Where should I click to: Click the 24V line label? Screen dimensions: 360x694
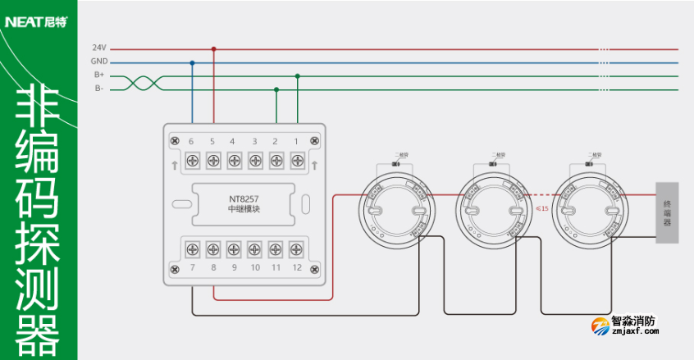(x=99, y=48)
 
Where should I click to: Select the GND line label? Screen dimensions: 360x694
(x=99, y=62)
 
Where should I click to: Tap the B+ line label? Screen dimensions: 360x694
(x=99, y=75)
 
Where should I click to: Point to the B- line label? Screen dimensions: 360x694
(x=99, y=88)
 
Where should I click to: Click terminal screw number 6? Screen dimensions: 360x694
(x=192, y=160)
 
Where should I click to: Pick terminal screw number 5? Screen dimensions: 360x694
(x=213, y=160)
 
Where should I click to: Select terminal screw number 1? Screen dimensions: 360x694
(x=297, y=160)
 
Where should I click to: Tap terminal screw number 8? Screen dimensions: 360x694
(x=213, y=248)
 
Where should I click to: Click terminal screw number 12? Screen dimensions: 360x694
(x=297, y=248)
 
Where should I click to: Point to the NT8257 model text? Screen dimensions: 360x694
(x=244, y=198)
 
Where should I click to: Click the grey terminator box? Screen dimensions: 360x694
(x=667, y=212)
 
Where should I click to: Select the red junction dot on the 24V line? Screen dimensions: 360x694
(x=214, y=49)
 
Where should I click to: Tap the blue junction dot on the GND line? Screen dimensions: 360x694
(x=193, y=62)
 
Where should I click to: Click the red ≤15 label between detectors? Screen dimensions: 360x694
(x=541, y=208)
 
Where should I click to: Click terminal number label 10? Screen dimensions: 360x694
(x=254, y=268)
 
